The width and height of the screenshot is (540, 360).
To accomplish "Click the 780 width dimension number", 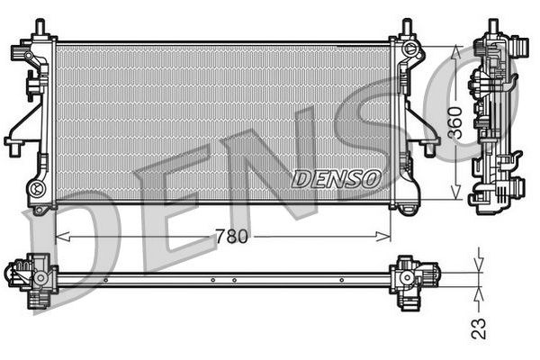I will point(231,237).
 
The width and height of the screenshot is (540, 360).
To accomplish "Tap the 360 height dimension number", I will point(455,121).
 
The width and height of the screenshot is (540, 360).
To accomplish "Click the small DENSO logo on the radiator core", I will point(336,178).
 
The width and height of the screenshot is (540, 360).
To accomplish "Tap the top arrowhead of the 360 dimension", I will point(455,48).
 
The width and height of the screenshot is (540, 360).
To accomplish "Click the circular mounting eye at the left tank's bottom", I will point(37,188).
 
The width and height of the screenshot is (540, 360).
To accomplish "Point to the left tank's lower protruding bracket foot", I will point(15,143).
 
